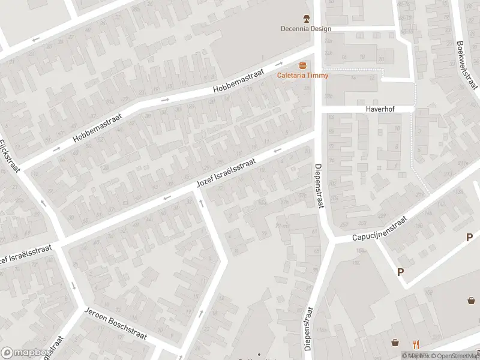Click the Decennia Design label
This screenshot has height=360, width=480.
(x=305, y=28)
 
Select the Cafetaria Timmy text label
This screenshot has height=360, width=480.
(x=302, y=75)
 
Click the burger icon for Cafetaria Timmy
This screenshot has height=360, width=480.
(x=303, y=65)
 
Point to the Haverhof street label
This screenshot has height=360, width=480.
(x=382, y=109)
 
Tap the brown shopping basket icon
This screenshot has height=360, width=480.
(x=395, y=343)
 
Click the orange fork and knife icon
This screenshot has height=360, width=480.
(x=416, y=344)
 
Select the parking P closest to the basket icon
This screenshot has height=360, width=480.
(x=400, y=272)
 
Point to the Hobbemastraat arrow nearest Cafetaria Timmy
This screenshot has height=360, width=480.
(x=278, y=64)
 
